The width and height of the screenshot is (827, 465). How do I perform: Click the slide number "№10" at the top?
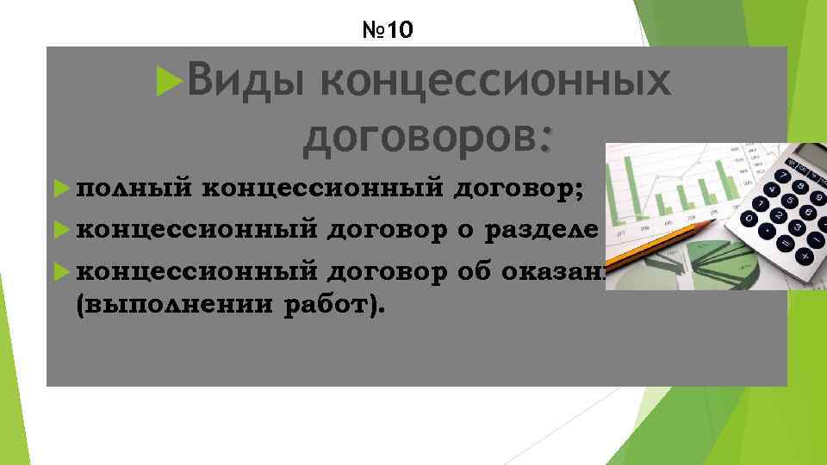click(x=389, y=32)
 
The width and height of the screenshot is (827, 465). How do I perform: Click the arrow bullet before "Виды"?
click(x=167, y=82)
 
